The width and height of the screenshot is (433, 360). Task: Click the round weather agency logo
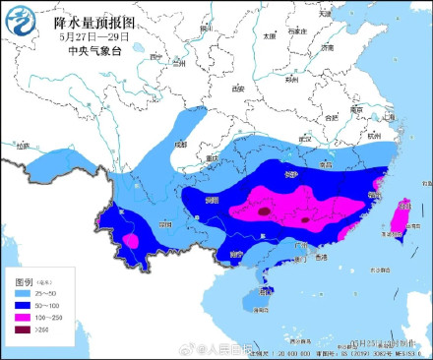(21, 22)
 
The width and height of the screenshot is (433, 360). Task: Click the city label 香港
(320, 257)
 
